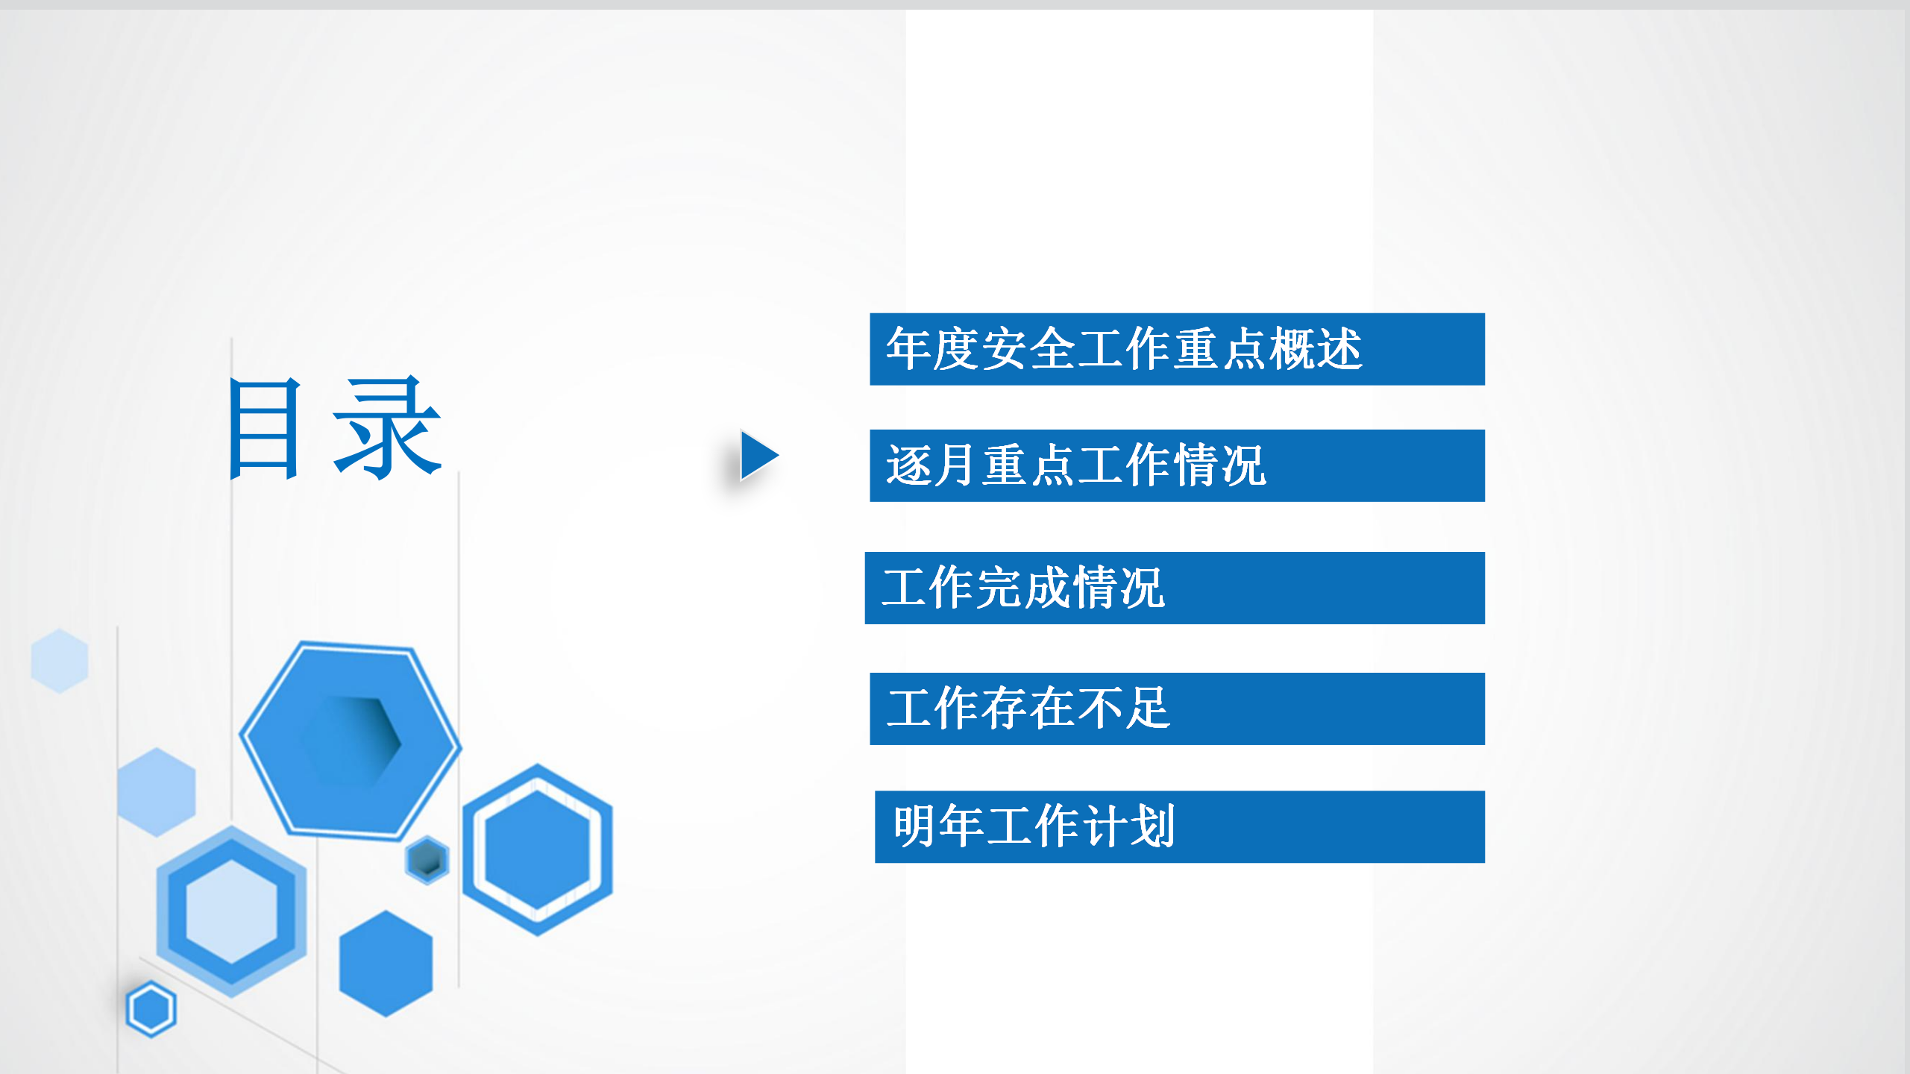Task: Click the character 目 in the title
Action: point(266,428)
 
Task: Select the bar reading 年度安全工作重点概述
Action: point(1177,349)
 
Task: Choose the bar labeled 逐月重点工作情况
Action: point(1177,465)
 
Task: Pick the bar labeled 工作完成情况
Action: point(1175,588)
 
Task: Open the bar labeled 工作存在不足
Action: point(1177,709)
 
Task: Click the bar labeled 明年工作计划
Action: point(1180,826)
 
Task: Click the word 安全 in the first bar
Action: point(1028,349)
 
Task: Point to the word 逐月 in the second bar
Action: point(932,465)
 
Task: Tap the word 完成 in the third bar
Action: point(1022,588)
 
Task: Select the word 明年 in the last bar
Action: point(939,826)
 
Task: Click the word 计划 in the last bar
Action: point(1129,826)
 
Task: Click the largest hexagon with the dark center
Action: point(350,741)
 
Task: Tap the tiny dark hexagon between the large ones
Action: point(427,860)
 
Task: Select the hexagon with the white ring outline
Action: point(538,850)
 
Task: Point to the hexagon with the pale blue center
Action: point(231,911)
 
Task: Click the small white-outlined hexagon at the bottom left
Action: point(151,1009)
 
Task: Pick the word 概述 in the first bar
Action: point(1316,349)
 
